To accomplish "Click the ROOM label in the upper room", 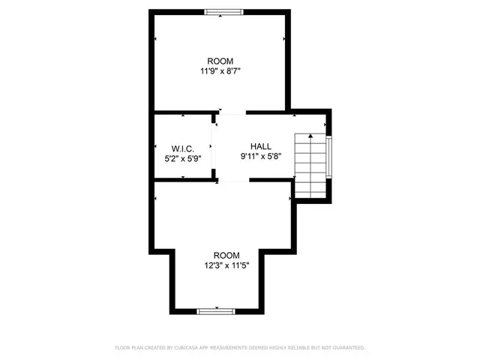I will pyautogui.click(x=220, y=61).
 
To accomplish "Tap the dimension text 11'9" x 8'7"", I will pyautogui.click(x=220, y=72).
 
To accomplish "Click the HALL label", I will pyautogui.click(x=261, y=146).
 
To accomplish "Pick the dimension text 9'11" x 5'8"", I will pyautogui.click(x=261, y=157).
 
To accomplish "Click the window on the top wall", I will pyautogui.click(x=223, y=11).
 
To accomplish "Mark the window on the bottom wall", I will pyautogui.click(x=216, y=310).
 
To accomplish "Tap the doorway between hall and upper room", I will pyautogui.click(x=231, y=113).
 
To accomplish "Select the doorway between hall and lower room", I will pyautogui.click(x=233, y=180).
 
